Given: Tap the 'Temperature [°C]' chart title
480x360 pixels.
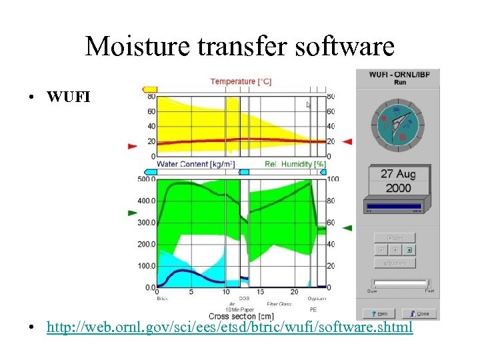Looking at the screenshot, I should click(x=241, y=81).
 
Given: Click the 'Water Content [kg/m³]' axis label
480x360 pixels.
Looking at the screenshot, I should click(x=195, y=164).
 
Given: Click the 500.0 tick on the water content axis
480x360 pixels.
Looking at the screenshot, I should click(x=145, y=179).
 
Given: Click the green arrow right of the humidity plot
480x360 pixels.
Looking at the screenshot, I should click(x=347, y=227).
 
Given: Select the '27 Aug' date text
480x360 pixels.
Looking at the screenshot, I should click(x=398, y=174).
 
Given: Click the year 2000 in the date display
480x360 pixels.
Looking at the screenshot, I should click(x=398, y=187).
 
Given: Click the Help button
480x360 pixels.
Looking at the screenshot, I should click(x=378, y=313).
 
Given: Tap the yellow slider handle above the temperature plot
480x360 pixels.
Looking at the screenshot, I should click(x=149, y=89).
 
